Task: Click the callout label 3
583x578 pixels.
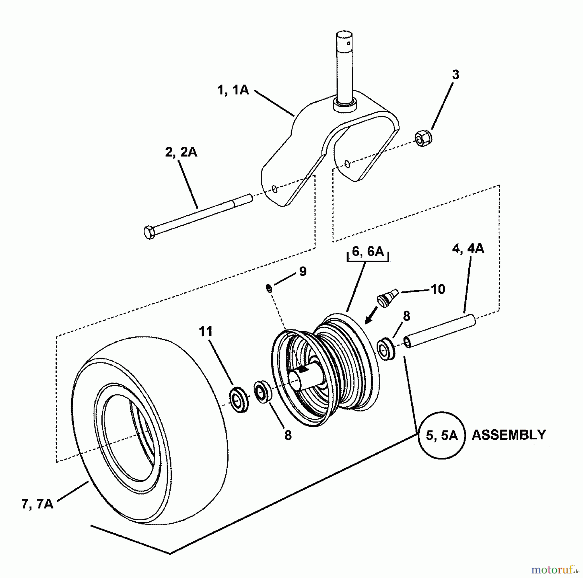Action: (455, 75)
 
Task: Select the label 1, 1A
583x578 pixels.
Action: (233, 90)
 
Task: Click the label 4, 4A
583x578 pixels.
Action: (468, 249)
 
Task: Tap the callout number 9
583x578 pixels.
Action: (303, 272)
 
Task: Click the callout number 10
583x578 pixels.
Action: (438, 289)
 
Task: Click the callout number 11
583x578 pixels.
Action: (206, 331)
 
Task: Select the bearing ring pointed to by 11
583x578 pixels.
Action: (239, 399)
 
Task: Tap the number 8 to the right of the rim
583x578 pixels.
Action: (406, 316)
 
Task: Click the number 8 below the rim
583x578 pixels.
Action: (288, 436)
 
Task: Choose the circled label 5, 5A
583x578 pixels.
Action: (441, 436)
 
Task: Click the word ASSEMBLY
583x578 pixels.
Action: (509, 435)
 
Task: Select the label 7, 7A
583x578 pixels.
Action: (37, 504)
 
